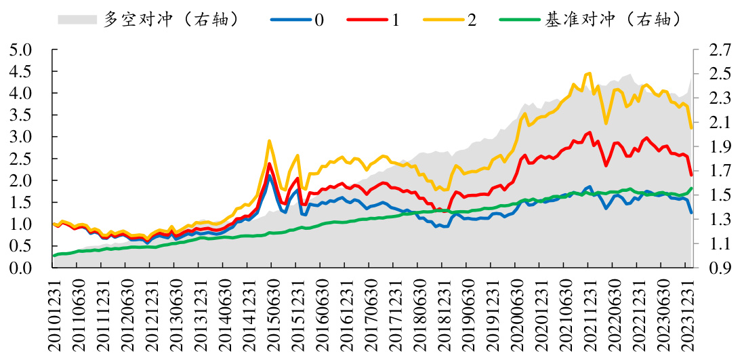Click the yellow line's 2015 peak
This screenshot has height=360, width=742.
270,141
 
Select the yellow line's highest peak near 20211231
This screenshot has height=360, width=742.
590,73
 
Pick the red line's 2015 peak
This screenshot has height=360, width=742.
270,163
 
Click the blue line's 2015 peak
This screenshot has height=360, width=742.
270,176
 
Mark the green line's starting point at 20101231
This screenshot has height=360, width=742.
54,256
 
